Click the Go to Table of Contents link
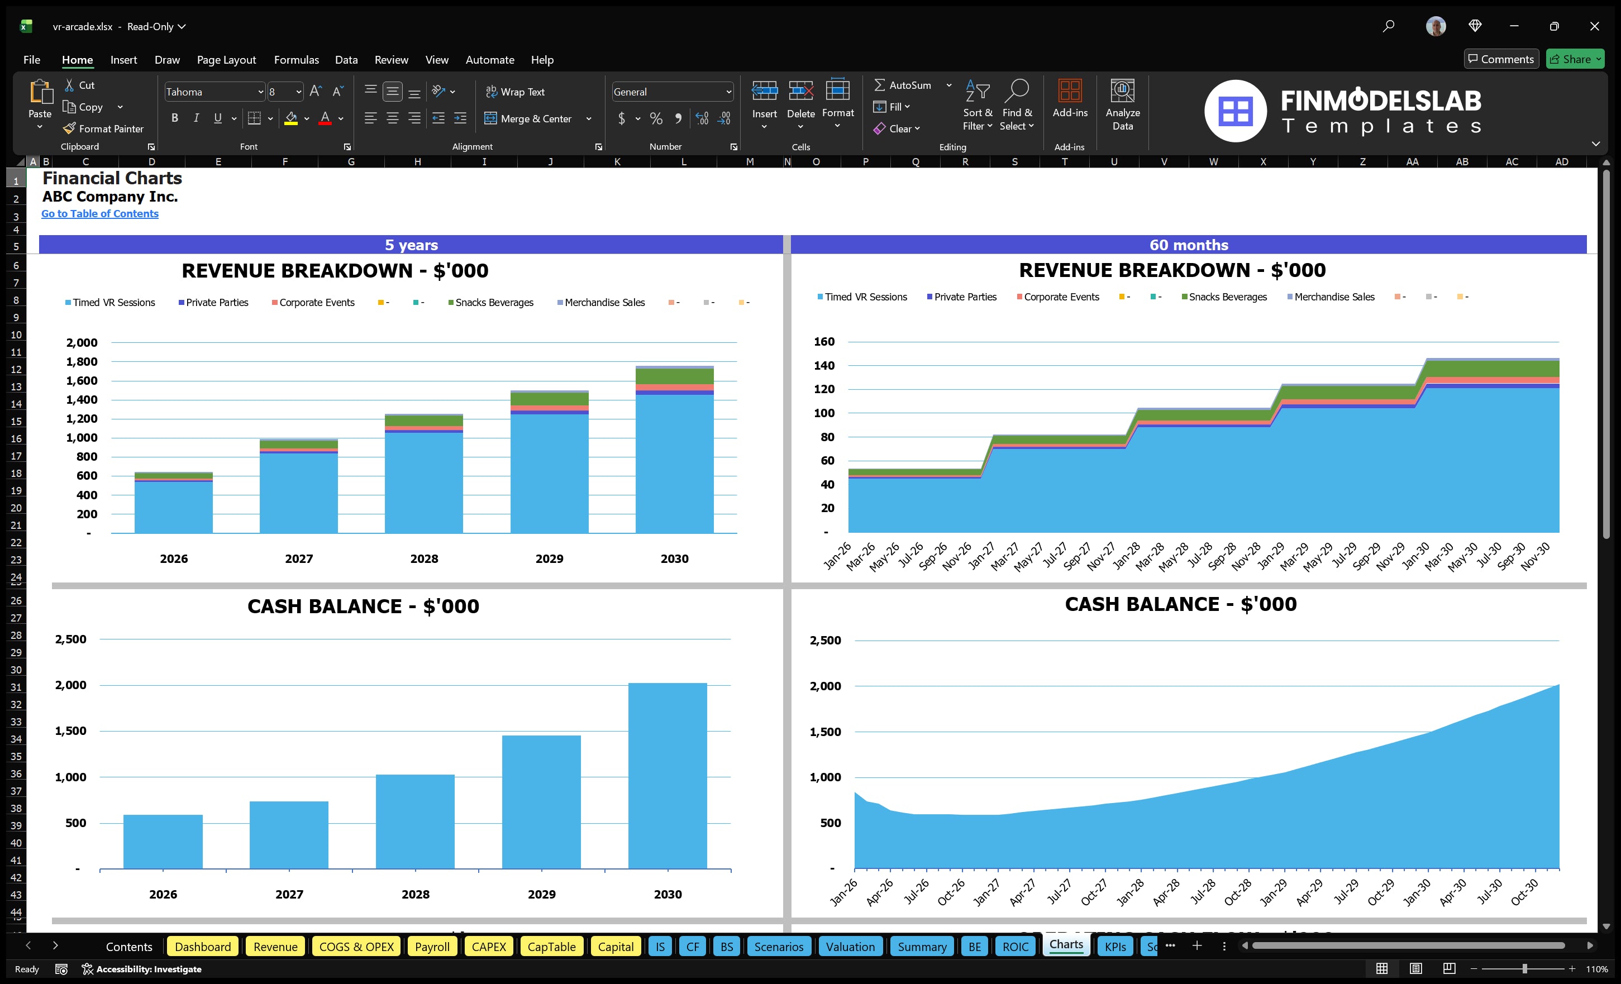point(99,214)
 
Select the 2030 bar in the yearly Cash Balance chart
point(667,776)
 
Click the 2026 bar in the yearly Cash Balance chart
point(163,842)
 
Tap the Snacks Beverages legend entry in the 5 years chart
point(493,303)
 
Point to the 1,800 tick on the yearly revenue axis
point(82,362)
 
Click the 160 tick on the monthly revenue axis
point(824,341)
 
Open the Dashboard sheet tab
point(203,947)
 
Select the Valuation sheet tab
point(850,947)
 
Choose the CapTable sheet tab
point(551,947)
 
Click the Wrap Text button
point(515,92)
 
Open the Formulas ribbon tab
point(296,60)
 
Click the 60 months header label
point(1188,245)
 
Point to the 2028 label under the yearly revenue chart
point(423,558)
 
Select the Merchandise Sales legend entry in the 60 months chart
point(1333,297)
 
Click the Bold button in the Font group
point(174,118)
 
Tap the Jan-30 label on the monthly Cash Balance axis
point(1417,893)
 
